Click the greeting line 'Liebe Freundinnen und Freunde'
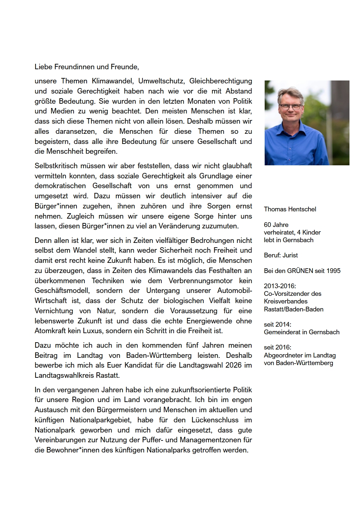[x=87, y=67]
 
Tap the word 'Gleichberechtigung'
[x=220, y=81]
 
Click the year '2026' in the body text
[x=233, y=365]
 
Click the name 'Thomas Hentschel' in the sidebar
[x=290, y=209]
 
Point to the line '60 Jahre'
[x=276, y=225]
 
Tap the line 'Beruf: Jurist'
[x=281, y=255]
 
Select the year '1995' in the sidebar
[x=333, y=271]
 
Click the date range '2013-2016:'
[x=280, y=286]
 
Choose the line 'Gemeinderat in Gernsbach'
[x=302, y=332]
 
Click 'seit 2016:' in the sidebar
[x=277, y=347]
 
